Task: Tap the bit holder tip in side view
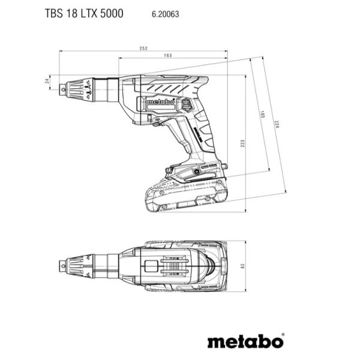click(64, 91)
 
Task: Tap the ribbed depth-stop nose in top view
click(80, 263)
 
